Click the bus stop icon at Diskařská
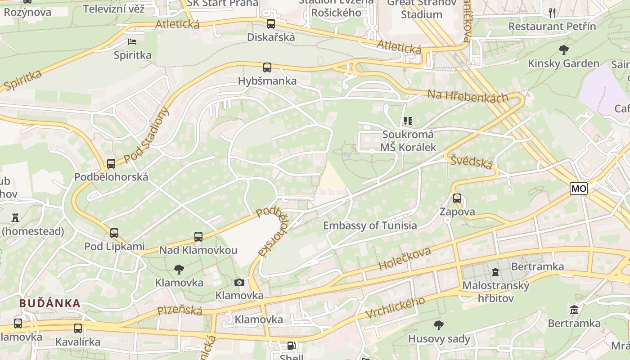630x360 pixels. (270, 24)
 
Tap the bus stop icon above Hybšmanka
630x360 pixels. (267, 67)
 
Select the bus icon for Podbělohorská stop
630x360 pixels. (111, 164)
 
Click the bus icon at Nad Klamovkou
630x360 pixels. (198, 236)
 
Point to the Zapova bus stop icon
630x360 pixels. (457, 198)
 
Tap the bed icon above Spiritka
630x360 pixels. (132, 42)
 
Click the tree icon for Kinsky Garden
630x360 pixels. (563, 49)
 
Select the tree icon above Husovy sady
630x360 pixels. (439, 325)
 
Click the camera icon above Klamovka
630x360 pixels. (239, 282)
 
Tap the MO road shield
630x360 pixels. (579, 188)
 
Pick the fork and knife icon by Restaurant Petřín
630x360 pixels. (552, 13)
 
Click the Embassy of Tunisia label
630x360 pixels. (370, 225)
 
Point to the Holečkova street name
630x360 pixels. (405, 258)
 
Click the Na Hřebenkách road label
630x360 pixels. (468, 95)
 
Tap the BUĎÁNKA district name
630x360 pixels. (49, 303)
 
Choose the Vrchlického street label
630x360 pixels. (395, 308)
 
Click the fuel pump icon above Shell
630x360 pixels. (292, 346)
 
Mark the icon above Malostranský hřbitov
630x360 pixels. (495, 272)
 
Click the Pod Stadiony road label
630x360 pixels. (147, 135)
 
